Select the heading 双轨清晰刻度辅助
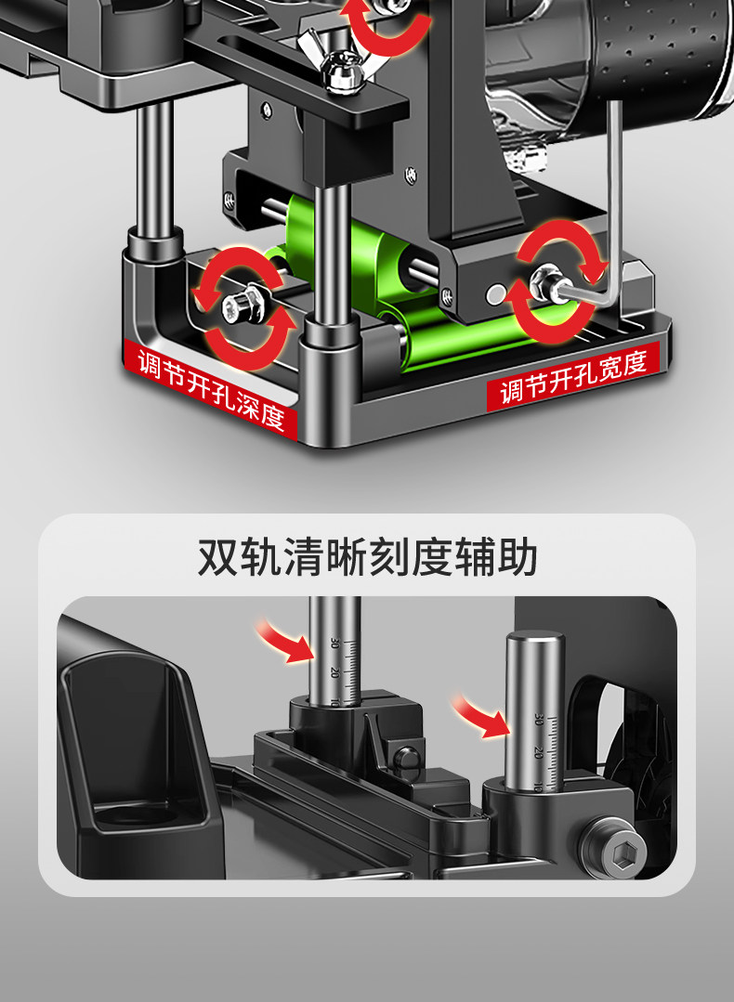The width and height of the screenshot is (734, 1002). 367,559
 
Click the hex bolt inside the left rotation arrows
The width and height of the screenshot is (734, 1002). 239,301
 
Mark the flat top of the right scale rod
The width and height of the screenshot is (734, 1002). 534,640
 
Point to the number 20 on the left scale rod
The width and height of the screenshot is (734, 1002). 334,672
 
